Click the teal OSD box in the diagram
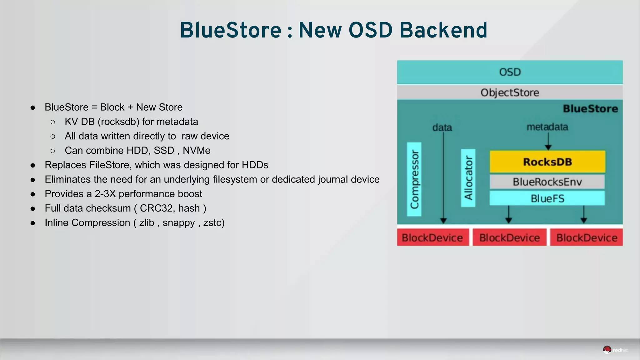(x=510, y=72)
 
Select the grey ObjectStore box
(x=510, y=92)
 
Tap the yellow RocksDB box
(x=547, y=162)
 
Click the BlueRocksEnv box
(x=547, y=182)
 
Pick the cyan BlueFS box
(x=547, y=198)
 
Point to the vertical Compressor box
(x=414, y=179)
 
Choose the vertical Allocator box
(x=468, y=178)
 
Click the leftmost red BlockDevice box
(x=432, y=238)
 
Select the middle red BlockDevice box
(x=509, y=238)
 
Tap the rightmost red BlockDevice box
(x=587, y=238)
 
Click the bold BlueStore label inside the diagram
(x=590, y=109)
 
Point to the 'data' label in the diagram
(x=442, y=127)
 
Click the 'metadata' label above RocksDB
(x=547, y=127)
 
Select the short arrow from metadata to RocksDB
(x=548, y=142)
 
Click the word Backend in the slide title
(x=443, y=30)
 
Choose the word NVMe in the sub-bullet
(x=197, y=150)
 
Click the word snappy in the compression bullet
(x=178, y=222)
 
